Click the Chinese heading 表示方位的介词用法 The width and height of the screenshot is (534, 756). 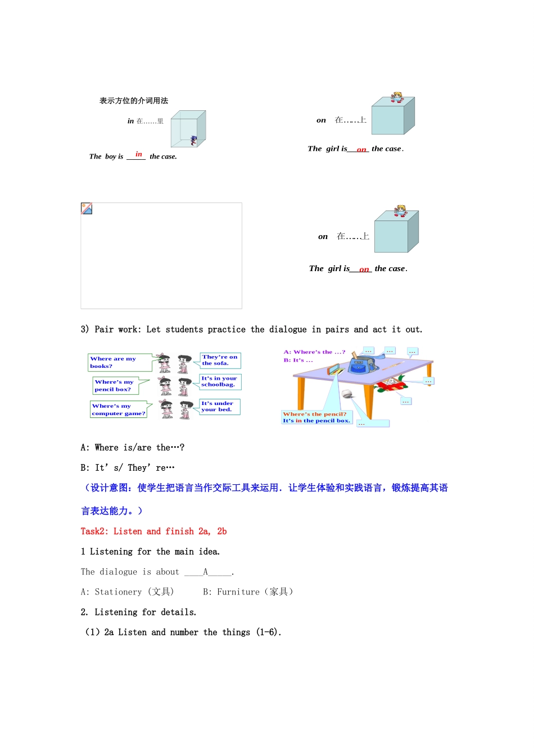pos(134,101)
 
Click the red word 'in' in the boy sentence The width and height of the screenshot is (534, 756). pos(138,154)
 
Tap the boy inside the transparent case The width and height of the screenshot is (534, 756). pos(194,140)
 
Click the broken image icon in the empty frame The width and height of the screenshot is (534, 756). pos(87,209)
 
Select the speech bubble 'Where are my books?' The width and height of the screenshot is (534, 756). pos(119,362)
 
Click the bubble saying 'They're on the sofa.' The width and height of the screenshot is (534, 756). pos(220,360)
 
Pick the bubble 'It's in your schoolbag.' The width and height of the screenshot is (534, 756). pos(220,381)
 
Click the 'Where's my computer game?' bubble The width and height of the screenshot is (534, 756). pos(119,409)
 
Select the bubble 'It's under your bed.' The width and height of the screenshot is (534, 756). pos(219,406)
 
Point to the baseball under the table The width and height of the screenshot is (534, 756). pos(347,394)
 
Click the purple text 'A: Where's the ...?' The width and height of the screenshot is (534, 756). pos(314,352)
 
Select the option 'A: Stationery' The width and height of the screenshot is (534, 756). pos(127,592)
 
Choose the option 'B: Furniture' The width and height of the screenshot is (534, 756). pos(248,592)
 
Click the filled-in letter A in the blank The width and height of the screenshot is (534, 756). pos(206,571)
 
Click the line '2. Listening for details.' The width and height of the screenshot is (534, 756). pos(138,612)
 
